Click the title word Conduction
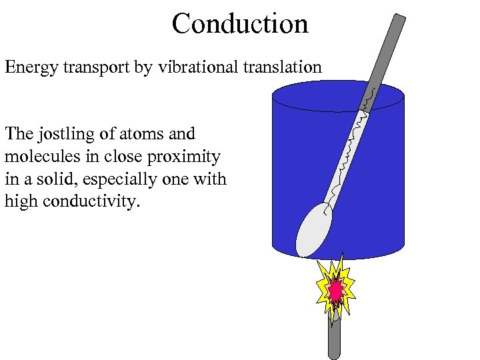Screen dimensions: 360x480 pos(240,24)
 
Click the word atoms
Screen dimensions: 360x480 pos(139,134)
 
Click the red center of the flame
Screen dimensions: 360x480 pos(336,291)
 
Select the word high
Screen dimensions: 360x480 pos(19,201)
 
